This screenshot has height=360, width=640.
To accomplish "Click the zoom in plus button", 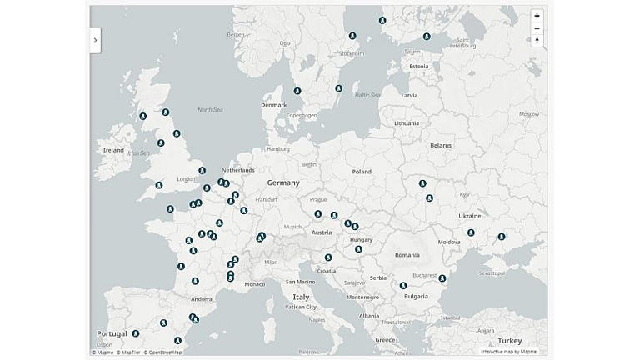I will coord(537,16).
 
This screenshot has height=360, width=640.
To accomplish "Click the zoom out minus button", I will coord(537,28).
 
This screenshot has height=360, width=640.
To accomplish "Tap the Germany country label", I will coord(283,182).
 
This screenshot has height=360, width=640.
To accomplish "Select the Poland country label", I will coord(361,172).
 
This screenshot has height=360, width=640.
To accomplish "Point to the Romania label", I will coord(407,254).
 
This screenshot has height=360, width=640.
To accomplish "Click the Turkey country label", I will coord(509,340).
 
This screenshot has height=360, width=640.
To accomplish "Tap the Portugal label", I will coord(112,333).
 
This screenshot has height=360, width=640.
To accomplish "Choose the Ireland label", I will coord(113,150).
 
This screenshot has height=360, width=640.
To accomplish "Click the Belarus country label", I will coord(440,145).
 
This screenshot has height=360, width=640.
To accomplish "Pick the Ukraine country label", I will coord(469,216).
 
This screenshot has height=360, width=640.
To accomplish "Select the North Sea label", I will coord(210,110).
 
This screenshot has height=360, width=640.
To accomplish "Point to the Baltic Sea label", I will coord(367,95).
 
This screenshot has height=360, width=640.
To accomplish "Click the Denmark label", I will coord(273,105).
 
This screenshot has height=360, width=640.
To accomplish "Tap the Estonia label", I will coord(418,67).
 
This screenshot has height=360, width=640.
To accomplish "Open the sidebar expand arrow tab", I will coord(95,40).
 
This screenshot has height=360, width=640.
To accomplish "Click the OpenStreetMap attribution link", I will coord(165,352).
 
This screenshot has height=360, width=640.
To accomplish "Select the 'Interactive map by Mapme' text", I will coord(508,352).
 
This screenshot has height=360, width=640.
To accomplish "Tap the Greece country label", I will coord(385,339).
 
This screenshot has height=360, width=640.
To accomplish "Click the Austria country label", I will coord(321,232).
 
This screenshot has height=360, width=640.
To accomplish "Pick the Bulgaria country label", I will coord(416,296).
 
